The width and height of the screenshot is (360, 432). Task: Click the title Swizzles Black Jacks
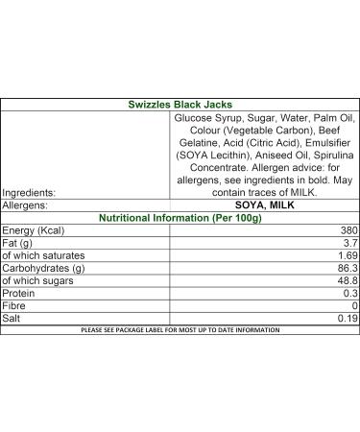coord(180,104)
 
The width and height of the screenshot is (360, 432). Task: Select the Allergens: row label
coord(30,204)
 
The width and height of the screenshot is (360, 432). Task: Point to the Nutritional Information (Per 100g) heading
coord(180,217)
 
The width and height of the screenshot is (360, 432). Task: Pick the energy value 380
coord(346,230)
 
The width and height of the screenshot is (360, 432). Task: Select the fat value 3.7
coord(348,243)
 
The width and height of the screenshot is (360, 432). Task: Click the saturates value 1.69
coord(346,255)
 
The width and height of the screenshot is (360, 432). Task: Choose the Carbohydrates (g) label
coord(45,268)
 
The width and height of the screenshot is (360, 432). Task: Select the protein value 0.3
coord(348,293)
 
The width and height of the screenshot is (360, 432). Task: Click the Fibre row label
coord(17,305)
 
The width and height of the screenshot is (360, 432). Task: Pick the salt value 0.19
coord(346,318)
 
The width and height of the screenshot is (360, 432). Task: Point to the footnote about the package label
coord(180,329)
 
